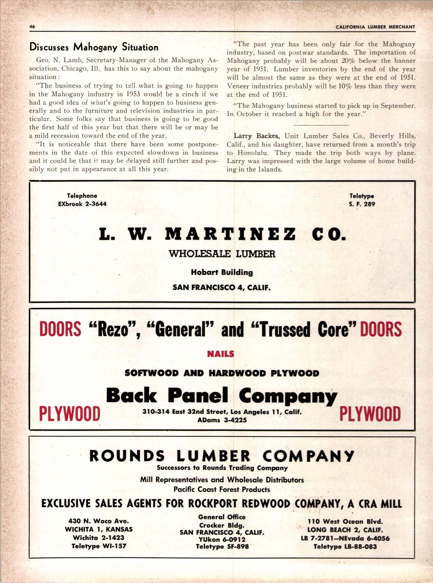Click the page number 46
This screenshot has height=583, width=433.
[32, 27]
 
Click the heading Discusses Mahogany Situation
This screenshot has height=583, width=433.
[94, 47]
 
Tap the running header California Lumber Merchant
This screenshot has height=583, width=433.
[375, 27]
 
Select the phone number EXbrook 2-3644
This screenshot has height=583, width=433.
[82, 204]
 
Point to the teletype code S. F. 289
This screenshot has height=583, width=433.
[362, 204]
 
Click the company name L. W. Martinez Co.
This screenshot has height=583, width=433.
[223, 235]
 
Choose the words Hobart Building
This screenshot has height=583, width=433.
[222, 273]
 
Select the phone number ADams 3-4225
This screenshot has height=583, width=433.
[222, 420]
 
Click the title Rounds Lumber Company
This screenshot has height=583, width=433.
[222, 456]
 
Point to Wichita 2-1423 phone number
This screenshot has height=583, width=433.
[98, 538]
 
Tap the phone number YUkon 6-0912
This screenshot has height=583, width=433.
[222, 539]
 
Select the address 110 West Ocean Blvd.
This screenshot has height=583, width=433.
[345, 522]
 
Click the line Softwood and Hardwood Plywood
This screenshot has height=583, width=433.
[222, 373]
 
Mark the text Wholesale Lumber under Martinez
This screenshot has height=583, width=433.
[222, 254]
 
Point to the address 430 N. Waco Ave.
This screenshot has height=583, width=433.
[98, 521]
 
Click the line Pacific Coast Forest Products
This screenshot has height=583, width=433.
[222, 489]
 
